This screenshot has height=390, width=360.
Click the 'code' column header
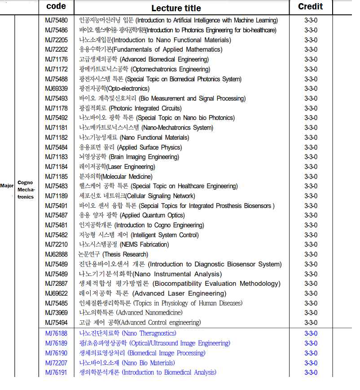tap(56, 6)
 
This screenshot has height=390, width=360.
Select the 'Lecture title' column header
tap(176, 8)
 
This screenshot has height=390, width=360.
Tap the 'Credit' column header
tap(310, 6)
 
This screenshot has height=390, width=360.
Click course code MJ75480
tap(57, 20)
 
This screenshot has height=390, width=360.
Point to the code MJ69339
tap(57, 89)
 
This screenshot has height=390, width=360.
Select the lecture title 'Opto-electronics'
tap(111, 89)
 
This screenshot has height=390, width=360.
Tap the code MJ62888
tap(57, 254)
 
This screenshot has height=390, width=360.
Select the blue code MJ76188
tap(57, 333)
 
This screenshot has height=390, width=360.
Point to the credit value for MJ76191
tap(311, 372)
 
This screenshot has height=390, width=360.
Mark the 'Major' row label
tap(7, 186)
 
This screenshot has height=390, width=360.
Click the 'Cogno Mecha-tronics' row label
tap(26, 190)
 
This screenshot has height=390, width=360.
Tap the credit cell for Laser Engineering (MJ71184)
tap(311, 167)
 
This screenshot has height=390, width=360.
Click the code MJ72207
tap(57, 363)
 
